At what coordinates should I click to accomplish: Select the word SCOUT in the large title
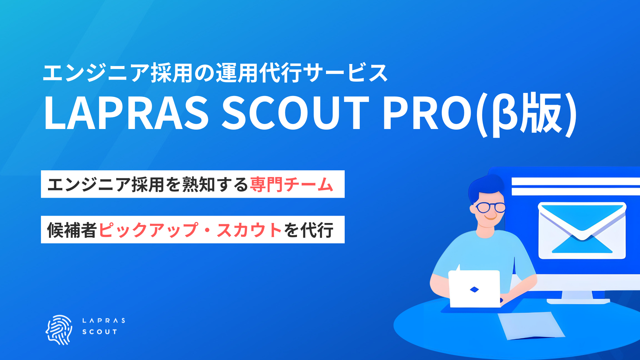tap(295, 113)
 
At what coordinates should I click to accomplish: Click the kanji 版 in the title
tap(542, 113)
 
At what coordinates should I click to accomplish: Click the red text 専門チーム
tap(291, 184)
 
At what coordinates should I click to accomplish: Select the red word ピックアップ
tap(148, 230)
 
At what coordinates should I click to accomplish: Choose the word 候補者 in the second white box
tap(72, 230)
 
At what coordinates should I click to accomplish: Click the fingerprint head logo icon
tap(59, 329)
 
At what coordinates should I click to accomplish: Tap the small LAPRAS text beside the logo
tap(103, 321)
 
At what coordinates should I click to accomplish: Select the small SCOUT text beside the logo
tap(100, 332)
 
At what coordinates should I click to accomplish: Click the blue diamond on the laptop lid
tap(474, 289)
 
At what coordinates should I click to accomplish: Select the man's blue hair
tap(487, 188)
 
